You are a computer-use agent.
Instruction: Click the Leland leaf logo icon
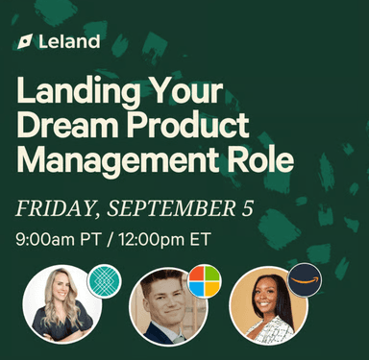pos(25,42)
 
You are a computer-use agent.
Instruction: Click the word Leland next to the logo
pos(71,42)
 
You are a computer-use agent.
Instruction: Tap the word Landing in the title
pos(74,94)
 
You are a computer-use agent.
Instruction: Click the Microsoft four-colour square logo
pos(203,282)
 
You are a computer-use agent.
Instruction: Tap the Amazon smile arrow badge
pos(304,281)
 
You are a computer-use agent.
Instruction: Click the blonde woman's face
pos(60,299)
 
